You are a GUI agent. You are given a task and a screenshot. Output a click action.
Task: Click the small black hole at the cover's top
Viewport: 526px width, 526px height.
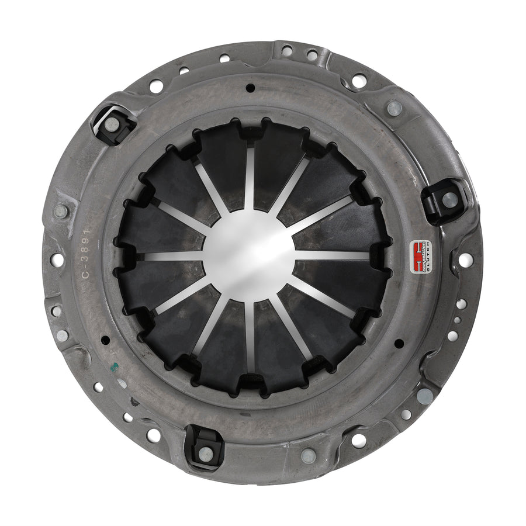[250, 89]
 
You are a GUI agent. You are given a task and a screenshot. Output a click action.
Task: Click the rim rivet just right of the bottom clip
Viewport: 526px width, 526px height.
[307, 455]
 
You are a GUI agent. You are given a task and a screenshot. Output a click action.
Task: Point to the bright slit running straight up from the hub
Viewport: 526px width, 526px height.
[250, 175]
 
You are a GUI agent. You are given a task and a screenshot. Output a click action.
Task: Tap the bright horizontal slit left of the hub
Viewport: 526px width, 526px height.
[169, 255]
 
